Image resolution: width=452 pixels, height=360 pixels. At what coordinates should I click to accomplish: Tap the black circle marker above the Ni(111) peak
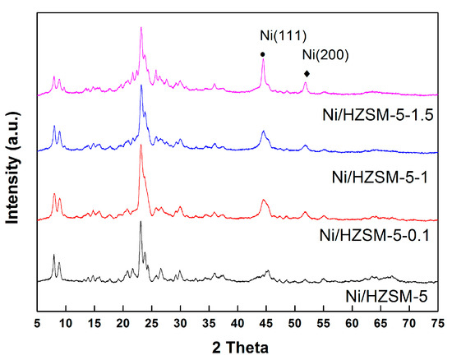[262, 54]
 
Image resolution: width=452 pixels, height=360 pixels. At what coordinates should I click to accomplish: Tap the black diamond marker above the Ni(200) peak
[306, 72]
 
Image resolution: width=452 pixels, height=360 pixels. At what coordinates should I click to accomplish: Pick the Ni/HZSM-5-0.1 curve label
[377, 236]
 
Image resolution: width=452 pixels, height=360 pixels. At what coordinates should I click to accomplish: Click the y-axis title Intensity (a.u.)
[14, 160]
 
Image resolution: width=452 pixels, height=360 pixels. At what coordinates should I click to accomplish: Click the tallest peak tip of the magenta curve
[141, 27]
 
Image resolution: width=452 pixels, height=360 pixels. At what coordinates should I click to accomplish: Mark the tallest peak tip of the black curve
[141, 221]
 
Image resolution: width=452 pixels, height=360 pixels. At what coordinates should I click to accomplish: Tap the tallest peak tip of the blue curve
[141, 85]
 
